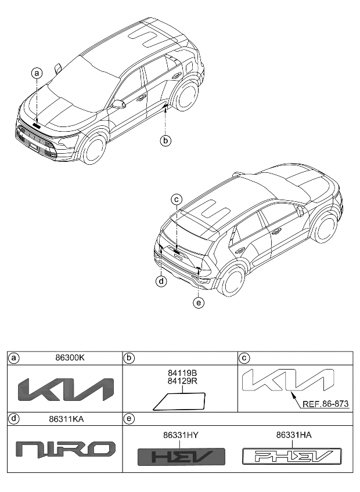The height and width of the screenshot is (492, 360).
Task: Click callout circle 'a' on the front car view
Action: pyautogui.click(x=37, y=73)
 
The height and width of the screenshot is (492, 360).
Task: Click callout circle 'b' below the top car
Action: pyautogui.click(x=166, y=140)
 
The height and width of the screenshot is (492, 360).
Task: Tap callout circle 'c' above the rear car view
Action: pyautogui.click(x=178, y=200)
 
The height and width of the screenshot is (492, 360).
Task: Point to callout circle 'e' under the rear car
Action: pyautogui.click(x=199, y=302)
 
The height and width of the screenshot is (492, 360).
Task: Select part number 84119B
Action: pyautogui.click(x=182, y=375)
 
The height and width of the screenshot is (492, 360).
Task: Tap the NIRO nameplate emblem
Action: pyautogui.click(x=65, y=448)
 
